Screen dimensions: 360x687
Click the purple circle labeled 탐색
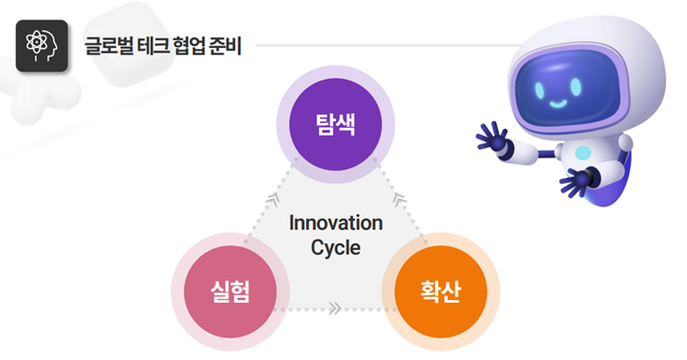point(336,124)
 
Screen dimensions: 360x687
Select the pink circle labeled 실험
point(229,293)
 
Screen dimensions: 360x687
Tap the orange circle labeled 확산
point(439,293)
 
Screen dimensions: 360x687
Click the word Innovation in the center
point(336,222)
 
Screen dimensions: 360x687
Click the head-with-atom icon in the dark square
point(41,45)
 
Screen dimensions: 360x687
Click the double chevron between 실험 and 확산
point(335,308)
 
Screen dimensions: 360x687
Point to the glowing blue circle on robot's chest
point(583,153)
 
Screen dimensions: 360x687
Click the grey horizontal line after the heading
point(384,45)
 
